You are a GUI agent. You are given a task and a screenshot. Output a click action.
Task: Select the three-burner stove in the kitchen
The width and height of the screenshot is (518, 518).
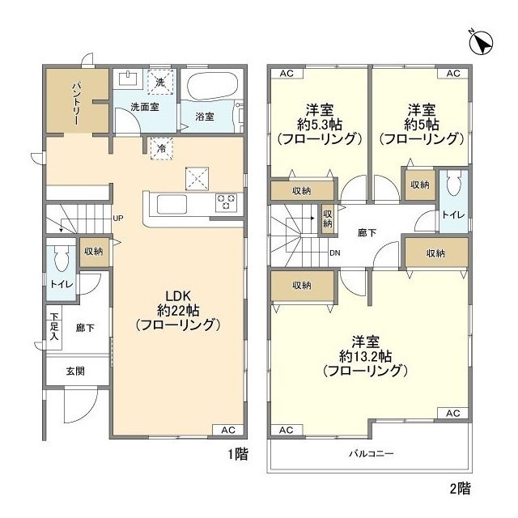pos(227,202)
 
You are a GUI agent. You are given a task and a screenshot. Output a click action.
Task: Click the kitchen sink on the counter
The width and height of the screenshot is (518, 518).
pos(172,204)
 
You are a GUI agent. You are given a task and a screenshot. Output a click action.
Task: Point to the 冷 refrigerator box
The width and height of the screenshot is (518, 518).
pos(162,148)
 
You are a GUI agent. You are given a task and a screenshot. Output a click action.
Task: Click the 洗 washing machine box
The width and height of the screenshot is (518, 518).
pos(160,83)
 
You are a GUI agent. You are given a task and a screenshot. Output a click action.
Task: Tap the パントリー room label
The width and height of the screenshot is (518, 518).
pos(75,104)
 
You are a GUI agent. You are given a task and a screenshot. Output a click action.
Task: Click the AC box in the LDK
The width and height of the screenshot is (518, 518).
pos(228,430)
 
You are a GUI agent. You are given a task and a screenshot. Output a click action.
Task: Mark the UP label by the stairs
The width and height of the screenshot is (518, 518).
pos(118,218)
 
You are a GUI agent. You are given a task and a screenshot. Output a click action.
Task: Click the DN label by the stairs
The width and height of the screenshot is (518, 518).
pos(334,253)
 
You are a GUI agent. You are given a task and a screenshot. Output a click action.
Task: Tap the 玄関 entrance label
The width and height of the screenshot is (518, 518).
pos(75,371)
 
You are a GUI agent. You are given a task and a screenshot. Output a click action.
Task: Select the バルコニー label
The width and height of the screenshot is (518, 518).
pos(372,453)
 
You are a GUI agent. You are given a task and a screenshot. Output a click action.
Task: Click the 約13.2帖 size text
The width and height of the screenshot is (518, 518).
pos(366,356)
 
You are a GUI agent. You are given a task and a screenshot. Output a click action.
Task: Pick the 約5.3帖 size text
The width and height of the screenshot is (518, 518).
pos(320,125)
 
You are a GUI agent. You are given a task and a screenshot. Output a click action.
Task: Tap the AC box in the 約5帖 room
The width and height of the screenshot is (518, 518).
pos(453,74)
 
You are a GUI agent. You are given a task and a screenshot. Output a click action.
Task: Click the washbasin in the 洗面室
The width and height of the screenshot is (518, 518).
pos(128,79)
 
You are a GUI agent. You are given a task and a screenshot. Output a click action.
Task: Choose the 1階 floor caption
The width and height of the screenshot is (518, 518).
pos(238,454)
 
